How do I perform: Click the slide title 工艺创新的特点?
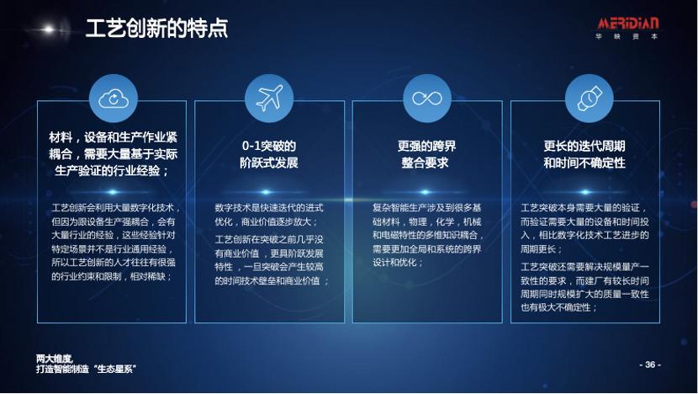pyautogui.click(x=156, y=29)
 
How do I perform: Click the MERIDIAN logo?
pyautogui.click(x=627, y=23)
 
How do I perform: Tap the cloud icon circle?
pyautogui.click(x=113, y=99)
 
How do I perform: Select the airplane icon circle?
pyautogui.click(x=269, y=99)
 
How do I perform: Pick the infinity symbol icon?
pyautogui.click(x=427, y=99)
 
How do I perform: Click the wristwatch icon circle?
pyautogui.click(x=588, y=99)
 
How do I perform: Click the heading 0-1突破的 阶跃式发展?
pyautogui.click(x=269, y=154)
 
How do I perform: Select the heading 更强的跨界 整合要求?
pyautogui.click(x=427, y=154)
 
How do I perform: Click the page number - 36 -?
pyautogui.click(x=650, y=365)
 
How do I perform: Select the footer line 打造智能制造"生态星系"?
pyautogui.click(x=86, y=369)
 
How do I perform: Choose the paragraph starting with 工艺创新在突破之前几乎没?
pyautogui.click(x=269, y=260)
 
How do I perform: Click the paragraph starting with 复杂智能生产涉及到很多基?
pyautogui.click(x=427, y=235)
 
